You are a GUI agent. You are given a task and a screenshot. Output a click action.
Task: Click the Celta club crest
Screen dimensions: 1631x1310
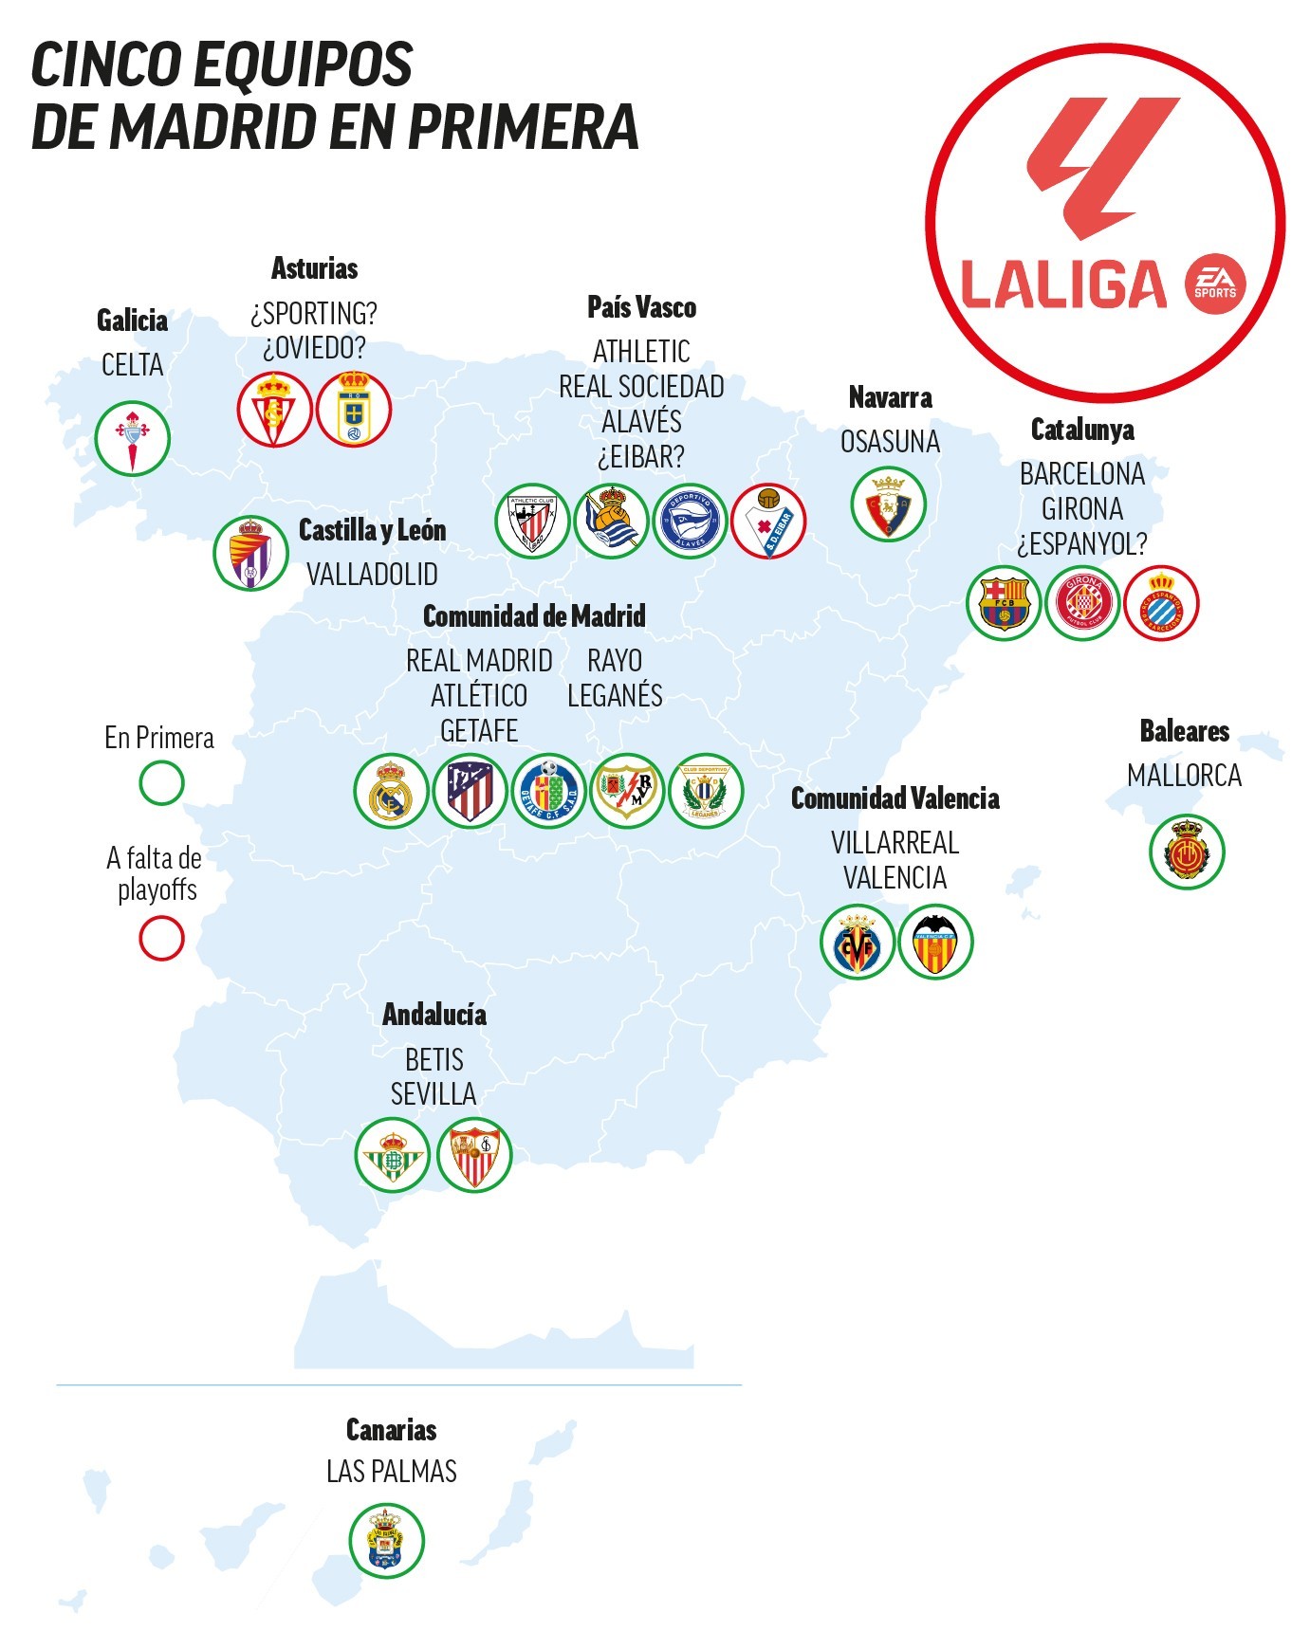point(132,439)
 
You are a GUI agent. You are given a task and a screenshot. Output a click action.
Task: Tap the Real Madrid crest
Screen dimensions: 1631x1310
point(391,791)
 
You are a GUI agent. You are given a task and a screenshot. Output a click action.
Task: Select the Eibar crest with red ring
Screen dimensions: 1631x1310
point(767,521)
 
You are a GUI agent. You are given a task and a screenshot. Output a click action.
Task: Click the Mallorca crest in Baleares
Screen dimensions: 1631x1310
point(1187,852)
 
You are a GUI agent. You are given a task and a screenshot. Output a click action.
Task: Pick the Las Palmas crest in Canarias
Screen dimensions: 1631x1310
point(386,1541)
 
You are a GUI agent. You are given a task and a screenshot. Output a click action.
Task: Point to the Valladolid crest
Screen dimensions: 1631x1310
point(250,553)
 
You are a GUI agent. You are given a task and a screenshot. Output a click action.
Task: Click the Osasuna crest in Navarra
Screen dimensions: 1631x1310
point(888,504)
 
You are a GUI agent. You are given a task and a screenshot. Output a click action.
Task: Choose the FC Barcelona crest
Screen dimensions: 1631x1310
point(1004,603)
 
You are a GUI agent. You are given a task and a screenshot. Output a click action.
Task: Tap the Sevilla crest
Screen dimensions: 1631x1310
point(474,1155)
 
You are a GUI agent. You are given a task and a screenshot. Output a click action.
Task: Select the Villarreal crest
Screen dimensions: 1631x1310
point(858,942)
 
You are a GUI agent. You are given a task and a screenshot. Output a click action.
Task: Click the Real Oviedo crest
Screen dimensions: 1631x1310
point(354,410)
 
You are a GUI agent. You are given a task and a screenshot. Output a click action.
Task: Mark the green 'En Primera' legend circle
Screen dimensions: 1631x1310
point(161,783)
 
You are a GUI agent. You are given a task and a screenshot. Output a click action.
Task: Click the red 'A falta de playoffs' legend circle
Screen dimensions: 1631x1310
point(161,939)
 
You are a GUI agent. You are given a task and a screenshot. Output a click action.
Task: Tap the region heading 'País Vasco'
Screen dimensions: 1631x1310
point(641,307)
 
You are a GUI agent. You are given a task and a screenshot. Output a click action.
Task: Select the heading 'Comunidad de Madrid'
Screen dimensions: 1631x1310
point(534,616)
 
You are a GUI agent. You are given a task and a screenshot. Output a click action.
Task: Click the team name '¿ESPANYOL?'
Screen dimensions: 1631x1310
point(1081,544)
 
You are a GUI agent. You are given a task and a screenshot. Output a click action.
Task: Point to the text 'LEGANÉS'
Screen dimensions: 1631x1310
point(615,696)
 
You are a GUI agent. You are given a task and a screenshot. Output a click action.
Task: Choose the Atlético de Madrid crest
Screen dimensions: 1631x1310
point(470,791)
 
